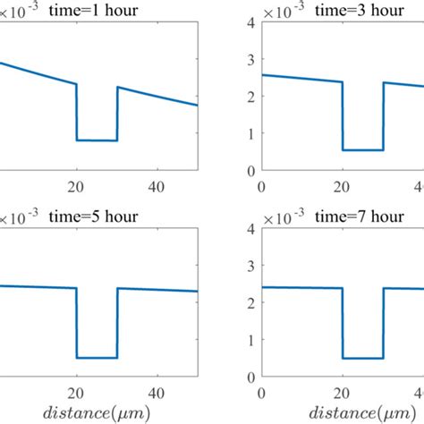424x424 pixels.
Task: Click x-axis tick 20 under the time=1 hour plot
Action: point(77,185)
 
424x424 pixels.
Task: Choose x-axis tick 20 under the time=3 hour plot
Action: point(343,185)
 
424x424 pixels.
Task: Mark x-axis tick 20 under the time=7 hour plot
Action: point(343,392)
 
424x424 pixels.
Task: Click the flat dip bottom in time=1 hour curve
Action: point(97,140)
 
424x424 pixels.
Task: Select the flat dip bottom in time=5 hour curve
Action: point(97,358)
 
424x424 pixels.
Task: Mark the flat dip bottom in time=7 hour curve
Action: point(363,358)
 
